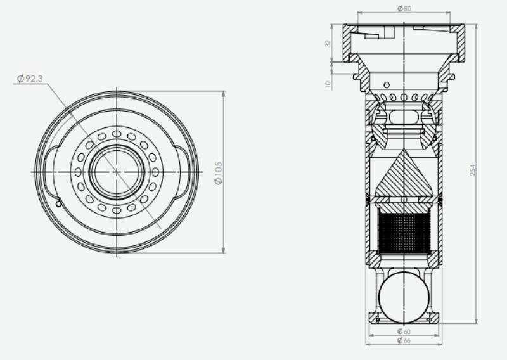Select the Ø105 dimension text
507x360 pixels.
219,172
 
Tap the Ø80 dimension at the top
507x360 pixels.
404,9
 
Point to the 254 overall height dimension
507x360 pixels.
473,170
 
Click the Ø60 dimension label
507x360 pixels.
404,331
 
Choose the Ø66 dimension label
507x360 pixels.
404,341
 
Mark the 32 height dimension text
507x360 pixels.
328,44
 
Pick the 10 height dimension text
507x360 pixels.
328,84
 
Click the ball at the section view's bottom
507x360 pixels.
404,295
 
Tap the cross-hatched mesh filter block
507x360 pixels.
404,232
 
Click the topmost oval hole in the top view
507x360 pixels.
117,133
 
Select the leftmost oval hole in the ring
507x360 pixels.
78,172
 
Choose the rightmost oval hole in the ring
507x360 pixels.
155,172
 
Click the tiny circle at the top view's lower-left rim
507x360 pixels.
58,204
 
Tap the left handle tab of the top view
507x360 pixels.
49,172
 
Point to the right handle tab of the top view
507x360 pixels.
184,172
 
